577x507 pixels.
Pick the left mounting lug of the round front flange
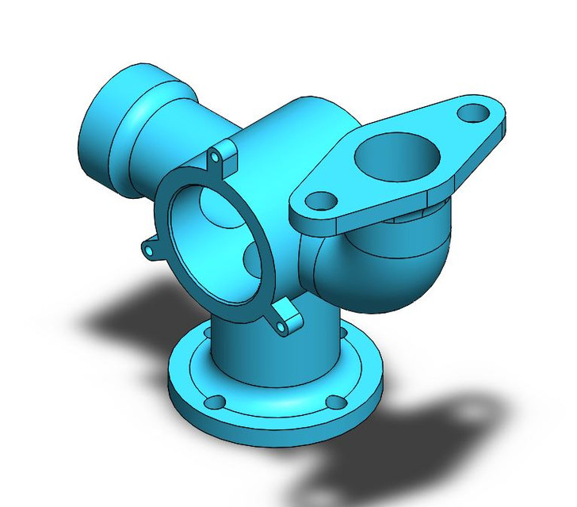pos(151,249)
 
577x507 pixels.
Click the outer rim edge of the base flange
pos(277,432)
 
